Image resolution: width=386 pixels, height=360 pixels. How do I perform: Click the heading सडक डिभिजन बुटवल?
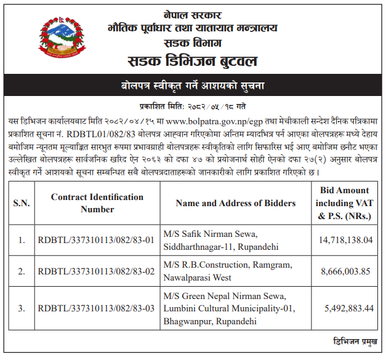(193, 62)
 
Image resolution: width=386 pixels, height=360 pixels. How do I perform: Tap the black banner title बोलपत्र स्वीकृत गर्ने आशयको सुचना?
(193, 85)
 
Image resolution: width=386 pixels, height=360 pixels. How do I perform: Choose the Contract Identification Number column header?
(97, 203)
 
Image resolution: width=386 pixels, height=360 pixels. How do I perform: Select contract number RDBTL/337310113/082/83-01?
(95, 240)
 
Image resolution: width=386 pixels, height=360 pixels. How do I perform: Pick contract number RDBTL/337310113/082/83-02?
(95, 271)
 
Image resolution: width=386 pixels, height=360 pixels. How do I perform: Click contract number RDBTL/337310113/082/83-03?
(95, 308)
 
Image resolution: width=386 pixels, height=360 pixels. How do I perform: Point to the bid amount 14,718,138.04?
(345, 240)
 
